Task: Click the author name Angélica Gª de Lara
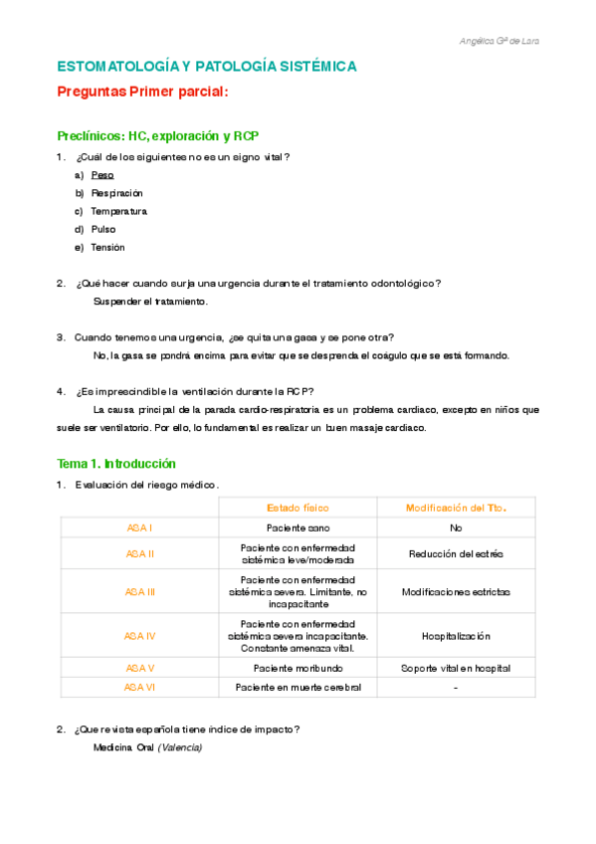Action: pyautogui.click(x=500, y=41)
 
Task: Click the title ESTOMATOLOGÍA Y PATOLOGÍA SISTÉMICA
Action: pyautogui.click(x=206, y=67)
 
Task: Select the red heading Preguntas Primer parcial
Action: pyautogui.click(x=142, y=92)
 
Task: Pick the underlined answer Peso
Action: pyautogui.click(x=101, y=175)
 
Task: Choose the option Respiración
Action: pyautogui.click(x=116, y=193)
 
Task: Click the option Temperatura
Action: pyautogui.click(x=118, y=211)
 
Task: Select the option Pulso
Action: pyautogui.click(x=102, y=229)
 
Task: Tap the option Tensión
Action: pyautogui.click(x=107, y=247)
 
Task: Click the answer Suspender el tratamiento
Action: pyautogui.click(x=150, y=301)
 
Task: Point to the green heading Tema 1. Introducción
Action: pyautogui.click(x=116, y=464)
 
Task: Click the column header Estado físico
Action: pyautogui.click(x=298, y=508)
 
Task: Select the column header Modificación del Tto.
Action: pyautogui.click(x=456, y=508)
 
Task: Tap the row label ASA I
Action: pyautogui.click(x=139, y=528)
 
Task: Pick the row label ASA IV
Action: pyautogui.click(x=139, y=635)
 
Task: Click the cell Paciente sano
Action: pyautogui.click(x=298, y=528)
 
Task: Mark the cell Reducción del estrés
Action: pyautogui.click(x=456, y=553)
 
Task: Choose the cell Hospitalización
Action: pyautogui.click(x=456, y=635)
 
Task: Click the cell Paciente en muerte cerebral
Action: pyautogui.click(x=298, y=687)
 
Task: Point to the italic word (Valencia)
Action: pyautogui.click(x=179, y=747)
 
